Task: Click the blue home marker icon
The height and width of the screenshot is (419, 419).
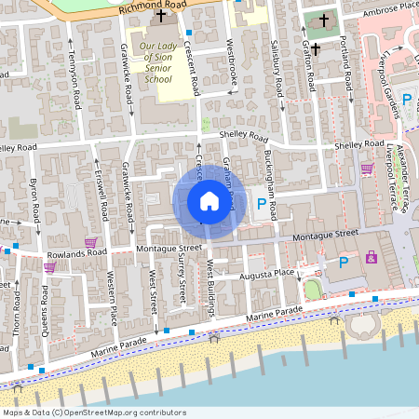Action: coord(209,200)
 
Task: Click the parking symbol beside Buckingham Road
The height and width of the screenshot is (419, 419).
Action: coord(262,204)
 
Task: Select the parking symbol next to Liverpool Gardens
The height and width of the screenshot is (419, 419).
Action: coord(406,99)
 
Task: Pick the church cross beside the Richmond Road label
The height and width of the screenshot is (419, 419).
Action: coord(161,16)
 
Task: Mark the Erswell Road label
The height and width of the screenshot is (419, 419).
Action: coord(102,194)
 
